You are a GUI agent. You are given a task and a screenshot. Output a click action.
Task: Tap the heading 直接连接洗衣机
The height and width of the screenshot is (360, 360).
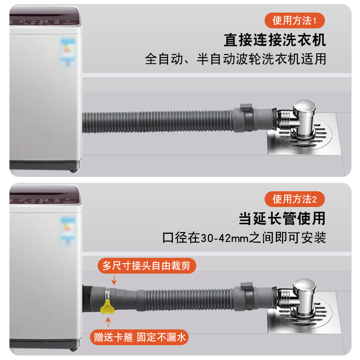[x=274, y=40]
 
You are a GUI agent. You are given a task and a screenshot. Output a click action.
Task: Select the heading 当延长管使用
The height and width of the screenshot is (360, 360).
[x=282, y=219]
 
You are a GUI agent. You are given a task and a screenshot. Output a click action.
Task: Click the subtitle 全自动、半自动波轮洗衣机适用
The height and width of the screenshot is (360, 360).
[x=235, y=59]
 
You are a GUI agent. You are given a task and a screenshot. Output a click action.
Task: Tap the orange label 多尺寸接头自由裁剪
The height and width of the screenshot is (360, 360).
[x=147, y=266]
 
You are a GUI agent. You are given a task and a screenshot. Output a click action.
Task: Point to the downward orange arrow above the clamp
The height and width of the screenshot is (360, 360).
[x=114, y=280]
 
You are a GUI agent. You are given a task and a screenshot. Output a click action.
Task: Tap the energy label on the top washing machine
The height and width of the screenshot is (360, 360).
[x=68, y=52]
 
